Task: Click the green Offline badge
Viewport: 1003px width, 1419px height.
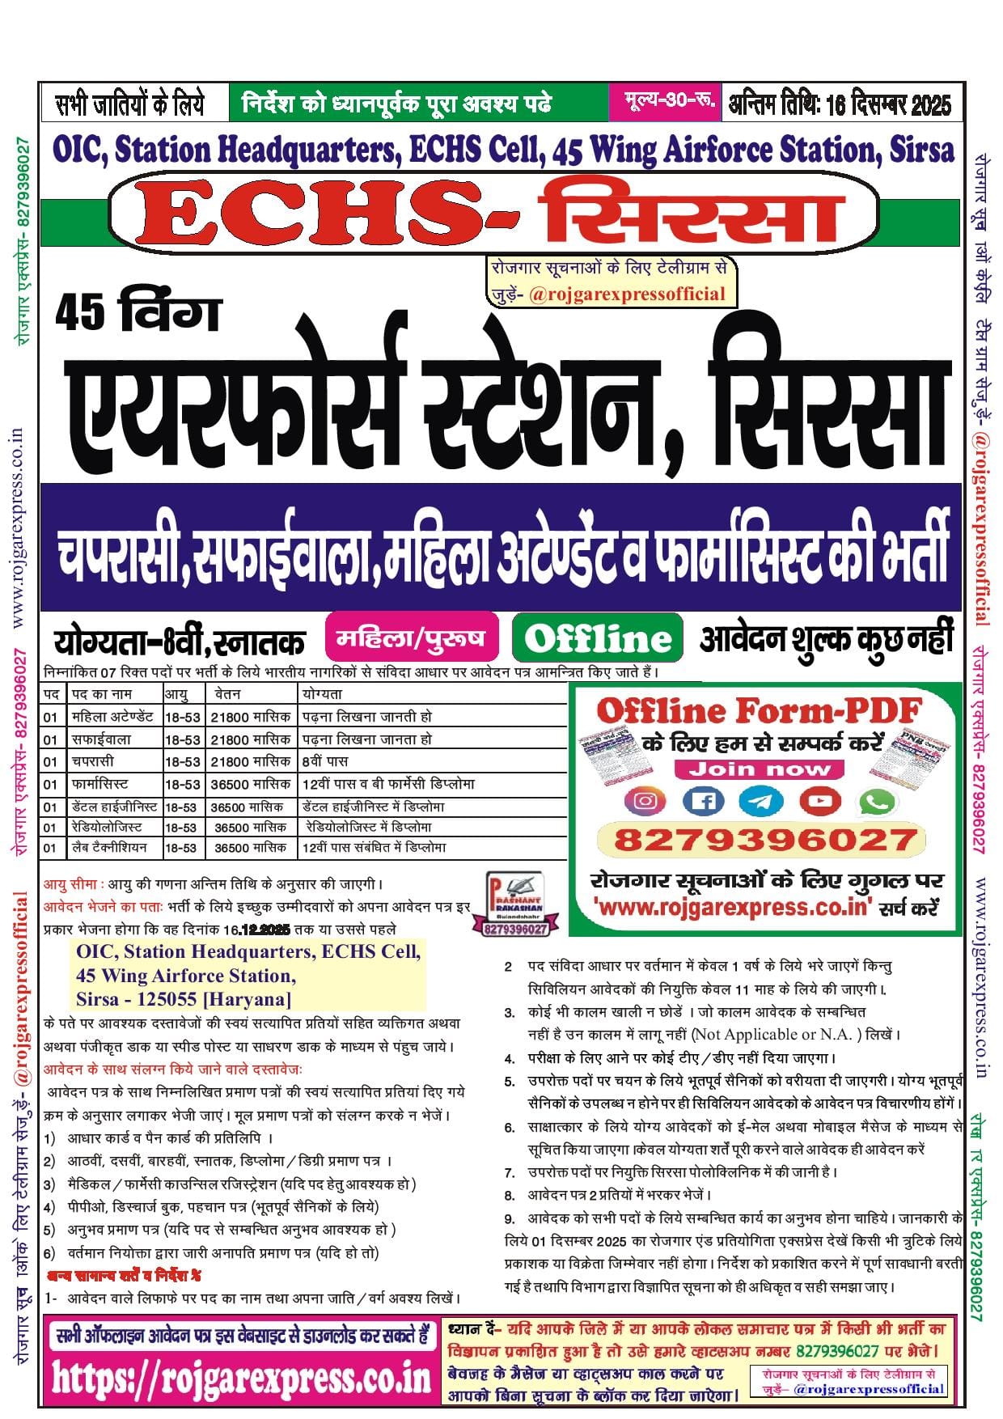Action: pyautogui.click(x=598, y=640)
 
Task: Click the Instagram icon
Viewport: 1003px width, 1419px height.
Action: pyautogui.click(x=645, y=801)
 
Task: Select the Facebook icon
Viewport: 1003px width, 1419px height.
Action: pyautogui.click(x=704, y=801)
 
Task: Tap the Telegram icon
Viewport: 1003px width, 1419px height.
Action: pyautogui.click(x=761, y=801)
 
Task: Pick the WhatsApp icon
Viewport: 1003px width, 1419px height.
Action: pyautogui.click(x=878, y=801)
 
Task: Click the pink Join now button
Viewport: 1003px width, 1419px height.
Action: pyautogui.click(x=759, y=769)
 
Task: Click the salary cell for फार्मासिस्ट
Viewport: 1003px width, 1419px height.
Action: pyautogui.click(x=250, y=784)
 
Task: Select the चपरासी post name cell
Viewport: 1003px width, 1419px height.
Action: pyautogui.click(x=93, y=761)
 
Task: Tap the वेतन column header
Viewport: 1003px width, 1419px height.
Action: pyautogui.click(x=228, y=694)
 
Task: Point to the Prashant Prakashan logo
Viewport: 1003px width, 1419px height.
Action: pyautogui.click(x=515, y=904)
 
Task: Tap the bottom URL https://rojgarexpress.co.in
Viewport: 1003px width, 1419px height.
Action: pyautogui.click(x=242, y=1378)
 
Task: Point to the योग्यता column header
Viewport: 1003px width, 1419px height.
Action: pyautogui.click(x=322, y=694)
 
